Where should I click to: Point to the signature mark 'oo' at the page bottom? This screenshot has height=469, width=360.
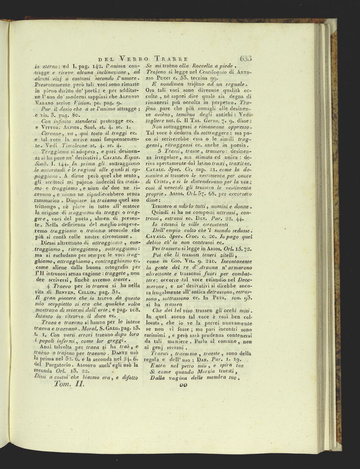[x=183, y=385]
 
